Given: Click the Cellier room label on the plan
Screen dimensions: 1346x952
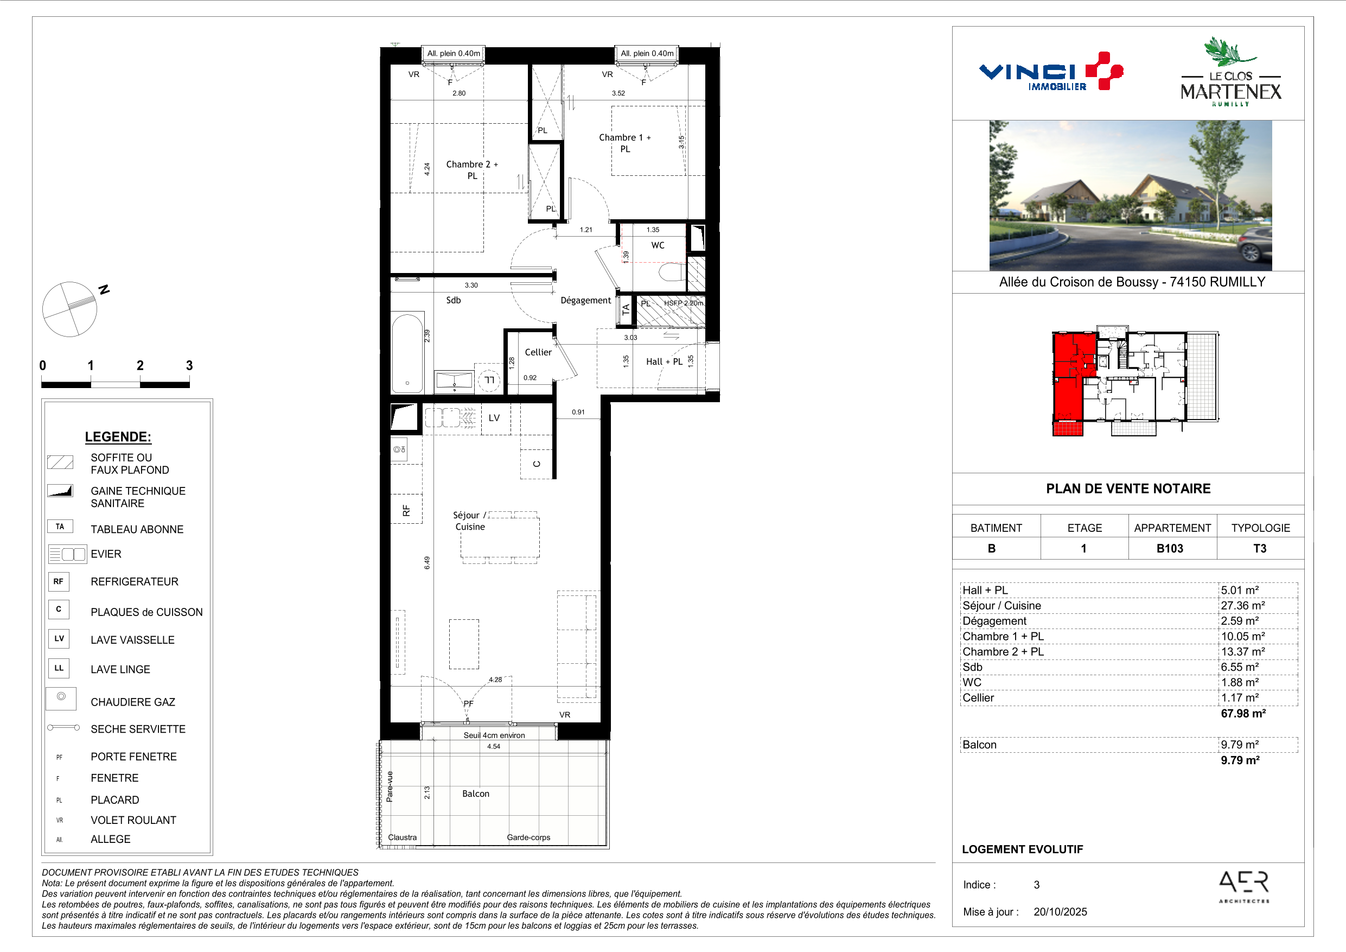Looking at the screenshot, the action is click(x=538, y=352).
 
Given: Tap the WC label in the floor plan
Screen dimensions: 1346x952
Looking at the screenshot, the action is click(x=658, y=245).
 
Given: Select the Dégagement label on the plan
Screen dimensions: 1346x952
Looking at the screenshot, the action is click(x=585, y=300).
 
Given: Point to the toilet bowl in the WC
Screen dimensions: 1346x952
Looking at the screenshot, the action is click(x=672, y=272).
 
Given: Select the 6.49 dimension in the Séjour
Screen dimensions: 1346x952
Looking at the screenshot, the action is click(x=427, y=562).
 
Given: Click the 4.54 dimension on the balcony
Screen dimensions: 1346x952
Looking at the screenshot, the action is click(x=494, y=746).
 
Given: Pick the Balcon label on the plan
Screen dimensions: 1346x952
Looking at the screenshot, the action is click(x=475, y=794).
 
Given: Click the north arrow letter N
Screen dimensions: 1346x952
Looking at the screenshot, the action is click(x=104, y=289).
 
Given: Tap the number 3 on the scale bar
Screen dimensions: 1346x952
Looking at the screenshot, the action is click(x=189, y=365).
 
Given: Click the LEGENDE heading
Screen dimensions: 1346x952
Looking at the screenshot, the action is click(x=118, y=437).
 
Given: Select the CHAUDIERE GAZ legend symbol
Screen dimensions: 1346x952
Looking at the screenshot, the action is click(x=61, y=698).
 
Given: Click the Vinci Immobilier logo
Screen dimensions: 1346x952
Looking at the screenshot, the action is click(x=1050, y=72).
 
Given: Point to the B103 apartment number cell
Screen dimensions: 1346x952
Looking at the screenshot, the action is click(x=1170, y=548).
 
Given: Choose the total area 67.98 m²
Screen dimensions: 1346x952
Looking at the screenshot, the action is click(x=1243, y=713).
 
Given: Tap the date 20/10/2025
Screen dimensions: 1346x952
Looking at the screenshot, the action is click(x=1060, y=911).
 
